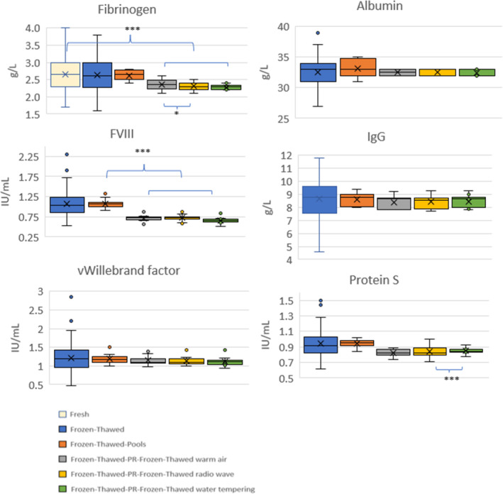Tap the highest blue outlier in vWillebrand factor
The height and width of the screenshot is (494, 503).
point(72,297)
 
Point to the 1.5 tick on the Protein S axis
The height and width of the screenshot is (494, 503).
point(282,301)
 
